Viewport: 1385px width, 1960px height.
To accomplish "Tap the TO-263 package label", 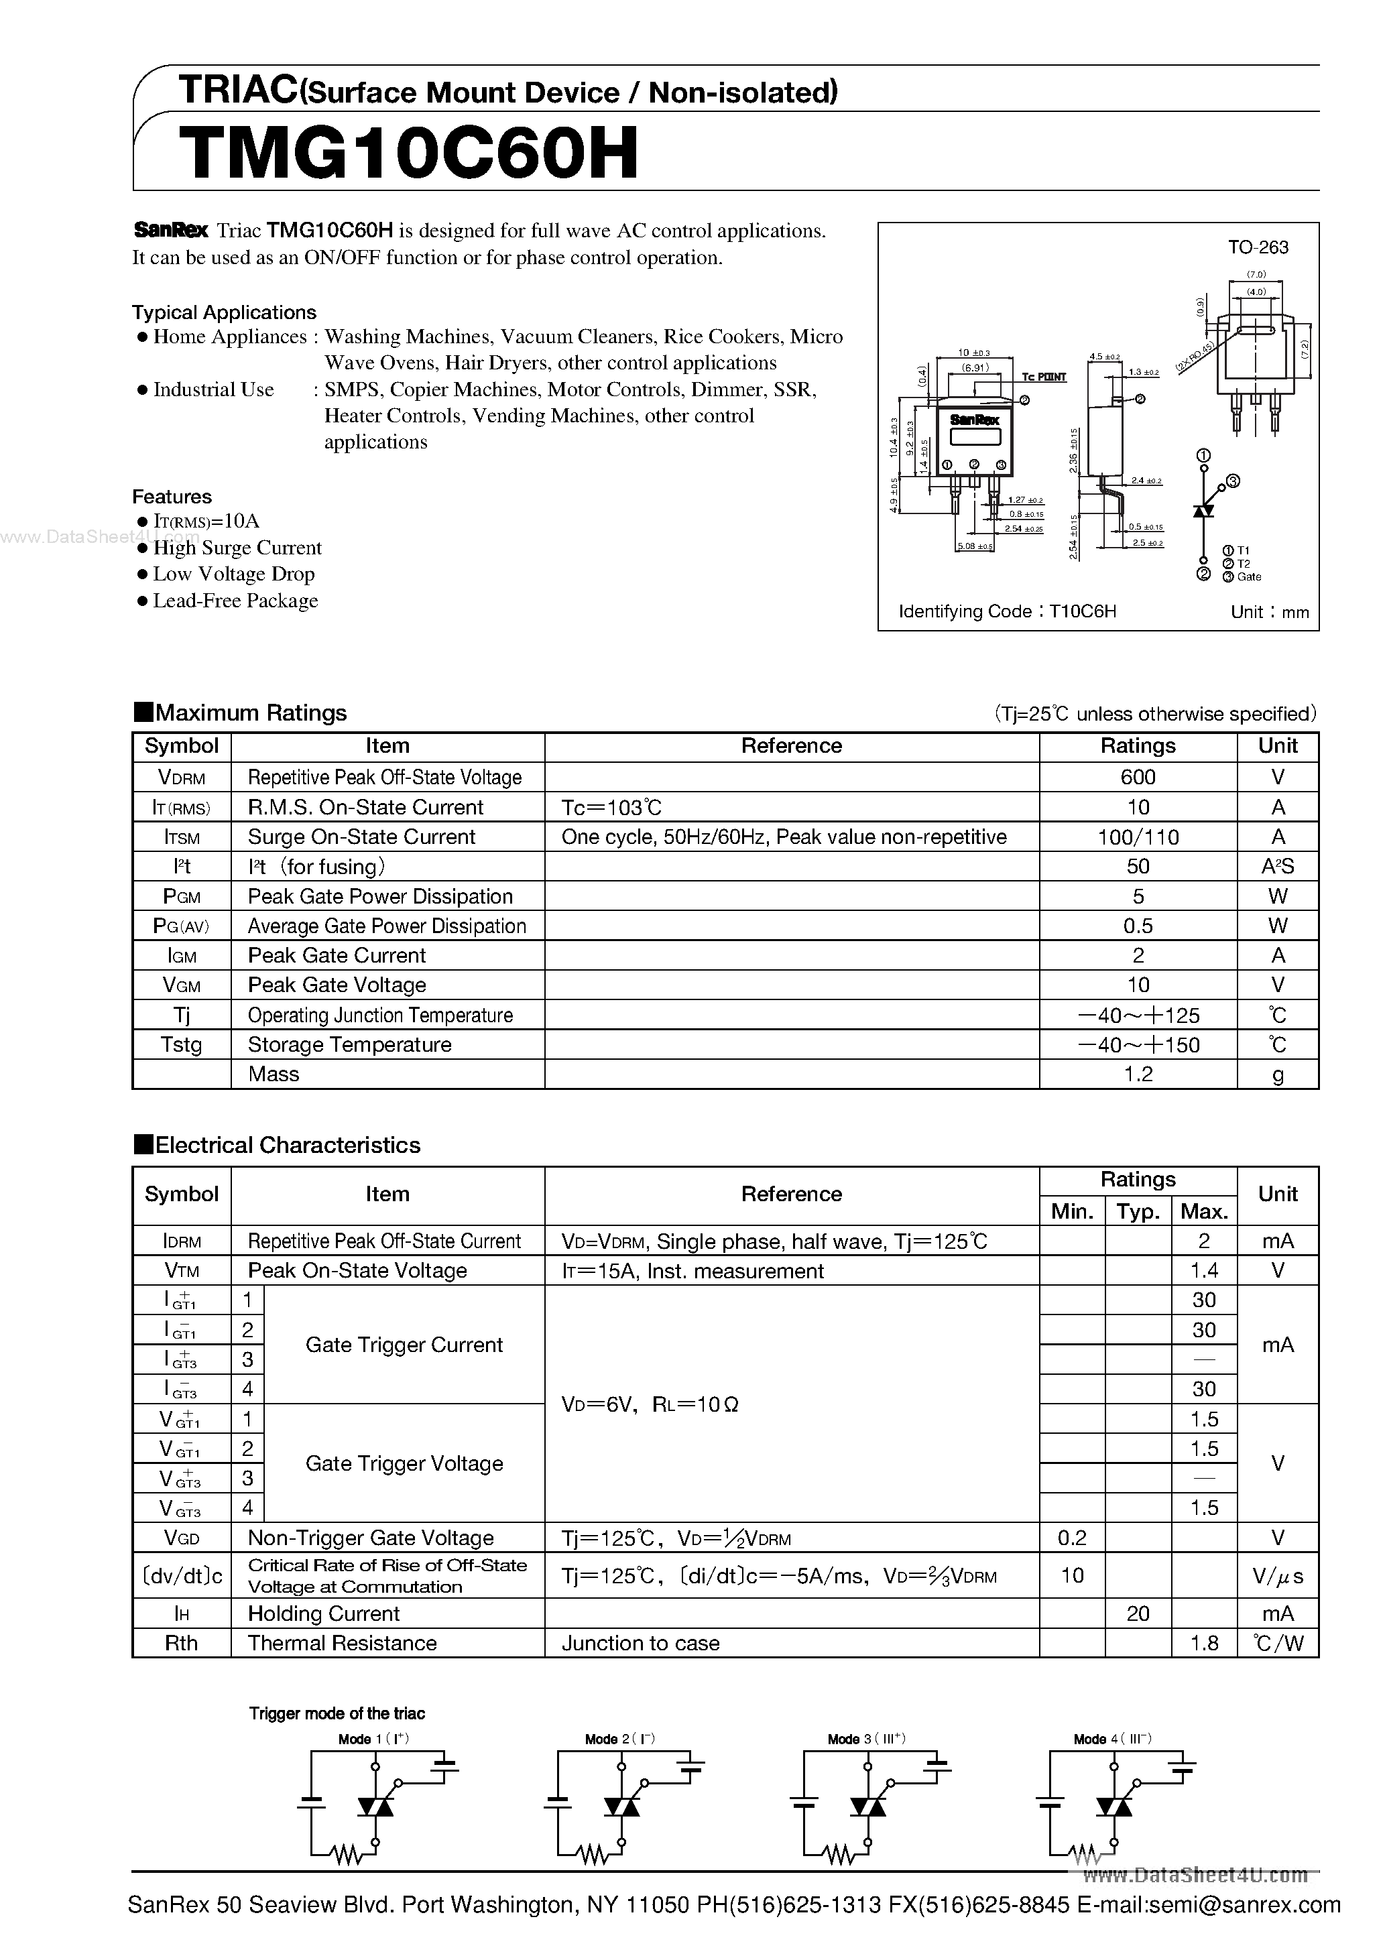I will [x=1258, y=247].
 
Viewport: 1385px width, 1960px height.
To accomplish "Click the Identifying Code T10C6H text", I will [x=1008, y=611].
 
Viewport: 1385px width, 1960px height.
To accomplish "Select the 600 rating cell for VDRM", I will [x=1138, y=777].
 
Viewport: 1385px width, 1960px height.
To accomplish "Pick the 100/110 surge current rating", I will [x=1138, y=837].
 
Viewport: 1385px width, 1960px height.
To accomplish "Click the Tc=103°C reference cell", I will [x=611, y=806].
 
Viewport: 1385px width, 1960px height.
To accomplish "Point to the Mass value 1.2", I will [x=1138, y=1074].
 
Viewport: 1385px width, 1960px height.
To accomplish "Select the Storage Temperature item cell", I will [x=349, y=1044].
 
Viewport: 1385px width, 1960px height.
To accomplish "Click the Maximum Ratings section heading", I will [x=251, y=713].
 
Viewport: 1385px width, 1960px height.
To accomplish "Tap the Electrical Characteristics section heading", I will [x=287, y=1145].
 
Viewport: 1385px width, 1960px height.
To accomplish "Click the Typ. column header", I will [x=1138, y=1211].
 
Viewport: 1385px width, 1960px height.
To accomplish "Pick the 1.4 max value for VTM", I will [x=1204, y=1270].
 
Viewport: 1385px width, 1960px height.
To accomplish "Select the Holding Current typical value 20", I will [x=1138, y=1613].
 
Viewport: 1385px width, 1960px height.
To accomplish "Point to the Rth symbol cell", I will [x=181, y=1644].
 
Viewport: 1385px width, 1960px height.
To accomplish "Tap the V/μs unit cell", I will [x=1278, y=1576].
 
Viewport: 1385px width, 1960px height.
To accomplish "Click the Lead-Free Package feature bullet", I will [x=235, y=601].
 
